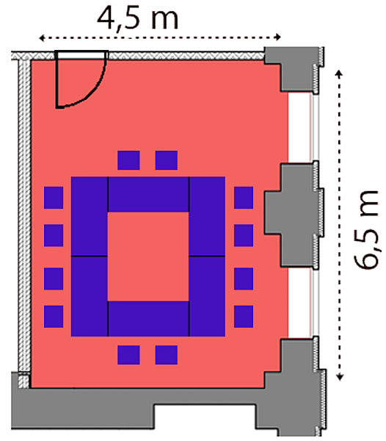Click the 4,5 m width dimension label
[x=137, y=19]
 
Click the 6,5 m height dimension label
[x=366, y=229]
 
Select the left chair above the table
[x=128, y=160]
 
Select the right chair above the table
[x=167, y=160]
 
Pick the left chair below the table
[x=128, y=355]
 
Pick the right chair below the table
[x=167, y=355]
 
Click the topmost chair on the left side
[x=54, y=198]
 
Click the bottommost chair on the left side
[x=54, y=317]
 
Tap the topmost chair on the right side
[x=244, y=198]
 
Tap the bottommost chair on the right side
[x=244, y=317]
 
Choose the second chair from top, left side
[x=54, y=235]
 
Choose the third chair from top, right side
[x=244, y=279]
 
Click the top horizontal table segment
[x=148, y=194]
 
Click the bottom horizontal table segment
[x=148, y=319]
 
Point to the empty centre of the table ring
[x=148, y=257]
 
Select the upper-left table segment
[x=90, y=216]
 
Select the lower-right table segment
[x=207, y=297]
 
